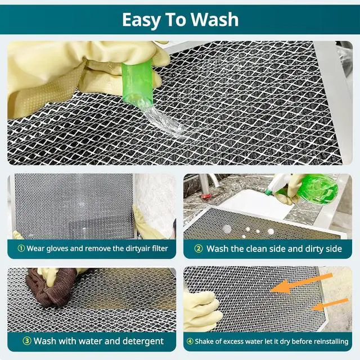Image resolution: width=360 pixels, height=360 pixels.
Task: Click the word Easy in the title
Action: [x=142, y=19]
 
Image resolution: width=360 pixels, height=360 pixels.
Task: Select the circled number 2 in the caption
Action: [x=198, y=248]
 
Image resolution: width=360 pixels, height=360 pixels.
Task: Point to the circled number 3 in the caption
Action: [x=26, y=341]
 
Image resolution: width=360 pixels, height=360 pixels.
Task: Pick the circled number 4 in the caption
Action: [x=190, y=341]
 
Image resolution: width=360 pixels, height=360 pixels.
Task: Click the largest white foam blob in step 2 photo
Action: [x=228, y=229]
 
